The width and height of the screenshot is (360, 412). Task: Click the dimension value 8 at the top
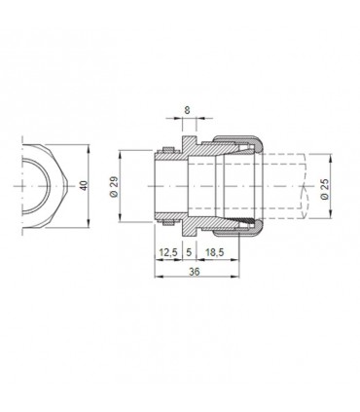(186, 112)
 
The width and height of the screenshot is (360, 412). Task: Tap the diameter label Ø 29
(114, 187)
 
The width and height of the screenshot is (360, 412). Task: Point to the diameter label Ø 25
(324, 187)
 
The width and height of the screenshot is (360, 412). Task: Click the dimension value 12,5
(167, 253)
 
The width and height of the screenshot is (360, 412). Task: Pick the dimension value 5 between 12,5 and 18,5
(188, 253)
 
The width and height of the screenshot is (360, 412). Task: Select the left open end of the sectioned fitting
(159, 187)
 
